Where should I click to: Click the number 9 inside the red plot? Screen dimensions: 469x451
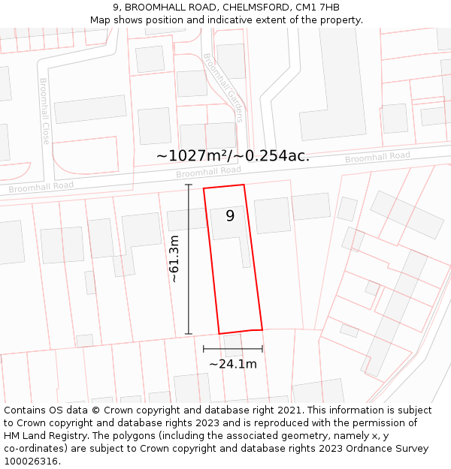pos(230,216)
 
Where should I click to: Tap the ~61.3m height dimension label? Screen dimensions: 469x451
pos(174,259)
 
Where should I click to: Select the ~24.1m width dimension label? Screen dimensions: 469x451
pos(233,365)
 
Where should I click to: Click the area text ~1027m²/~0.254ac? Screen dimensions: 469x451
pos(233,155)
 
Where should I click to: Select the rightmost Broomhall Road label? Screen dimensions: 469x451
pos(377,158)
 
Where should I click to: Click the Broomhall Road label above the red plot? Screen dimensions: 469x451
pos(209,172)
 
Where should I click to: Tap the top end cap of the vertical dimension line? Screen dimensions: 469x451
pos(189,185)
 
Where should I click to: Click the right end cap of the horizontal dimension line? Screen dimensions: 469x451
pos(262,348)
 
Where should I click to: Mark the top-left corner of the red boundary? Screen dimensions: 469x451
pos(204,188)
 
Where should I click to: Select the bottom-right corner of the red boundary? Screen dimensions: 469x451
pos(262,329)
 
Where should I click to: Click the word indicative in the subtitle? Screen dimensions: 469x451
pos(252,20)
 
